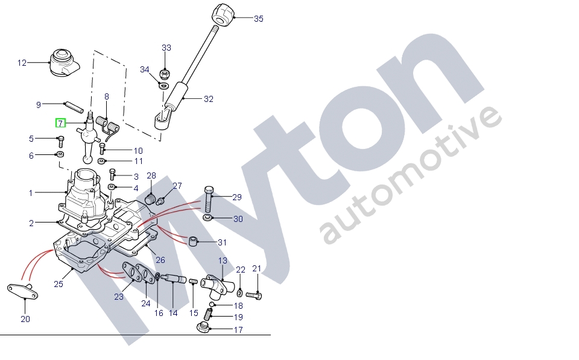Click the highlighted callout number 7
tap(60, 124)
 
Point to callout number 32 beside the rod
tap(208, 99)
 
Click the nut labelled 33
tap(165, 75)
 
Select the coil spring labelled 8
tap(110, 126)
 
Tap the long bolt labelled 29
tap(209, 197)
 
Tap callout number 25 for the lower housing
tap(59, 284)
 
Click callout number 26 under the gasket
tap(160, 261)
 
